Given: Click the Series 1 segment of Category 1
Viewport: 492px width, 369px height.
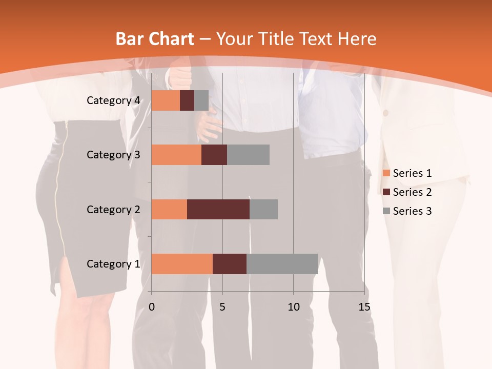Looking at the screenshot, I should click(182, 264).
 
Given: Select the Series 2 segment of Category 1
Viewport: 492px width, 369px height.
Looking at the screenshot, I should click(230, 264).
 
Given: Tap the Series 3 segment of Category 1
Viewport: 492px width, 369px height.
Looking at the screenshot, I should click(282, 264).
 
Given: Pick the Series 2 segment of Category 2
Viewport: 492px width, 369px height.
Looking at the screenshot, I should click(218, 209).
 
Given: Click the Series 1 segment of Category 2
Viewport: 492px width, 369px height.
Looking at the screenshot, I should click(169, 209).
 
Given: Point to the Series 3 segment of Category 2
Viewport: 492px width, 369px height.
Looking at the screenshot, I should click(263, 209).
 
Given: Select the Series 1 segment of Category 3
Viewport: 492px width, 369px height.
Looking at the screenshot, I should click(176, 155).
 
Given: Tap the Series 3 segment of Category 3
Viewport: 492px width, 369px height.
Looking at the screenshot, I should click(248, 155).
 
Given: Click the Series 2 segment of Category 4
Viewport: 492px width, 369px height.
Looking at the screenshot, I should click(187, 100).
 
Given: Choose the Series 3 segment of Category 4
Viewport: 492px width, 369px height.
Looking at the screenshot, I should click(201, 100).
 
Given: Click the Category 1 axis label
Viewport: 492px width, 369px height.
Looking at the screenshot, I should click(113, 264).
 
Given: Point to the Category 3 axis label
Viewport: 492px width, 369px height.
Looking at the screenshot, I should click(113, 155).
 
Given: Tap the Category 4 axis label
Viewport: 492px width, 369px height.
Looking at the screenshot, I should click(113, 100).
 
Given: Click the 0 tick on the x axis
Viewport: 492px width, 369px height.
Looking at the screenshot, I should click(152, 307).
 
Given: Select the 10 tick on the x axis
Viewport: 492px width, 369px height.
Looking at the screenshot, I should click(293, 307).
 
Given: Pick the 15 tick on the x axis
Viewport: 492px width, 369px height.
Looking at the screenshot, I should click(364, 307).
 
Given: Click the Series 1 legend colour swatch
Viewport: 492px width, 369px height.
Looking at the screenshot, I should click(386, 173).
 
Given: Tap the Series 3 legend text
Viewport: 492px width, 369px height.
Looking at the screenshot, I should click(412, 211).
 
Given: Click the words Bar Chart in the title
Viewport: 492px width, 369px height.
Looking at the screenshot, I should click(155, 39).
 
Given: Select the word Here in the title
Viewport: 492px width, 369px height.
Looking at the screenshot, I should click(356, 39).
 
